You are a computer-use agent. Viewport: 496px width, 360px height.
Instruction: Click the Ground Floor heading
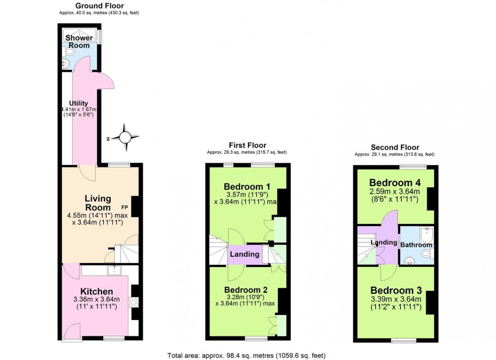click(100, 6)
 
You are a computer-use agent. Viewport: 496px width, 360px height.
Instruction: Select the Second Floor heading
click(394, 148)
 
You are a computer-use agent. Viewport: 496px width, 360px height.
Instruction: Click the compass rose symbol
click(125, 137)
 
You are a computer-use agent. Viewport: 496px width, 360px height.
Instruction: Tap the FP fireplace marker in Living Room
click(123, 207)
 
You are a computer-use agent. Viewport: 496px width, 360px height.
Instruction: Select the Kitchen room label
click(96, 292)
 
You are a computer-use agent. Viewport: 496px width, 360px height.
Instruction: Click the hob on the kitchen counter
click(135, 302)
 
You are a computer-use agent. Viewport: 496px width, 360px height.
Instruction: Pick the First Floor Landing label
click(245, 254)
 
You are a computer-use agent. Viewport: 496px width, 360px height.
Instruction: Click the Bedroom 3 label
click(395, 290)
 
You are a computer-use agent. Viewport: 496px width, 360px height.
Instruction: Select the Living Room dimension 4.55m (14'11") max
click(98, 215)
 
